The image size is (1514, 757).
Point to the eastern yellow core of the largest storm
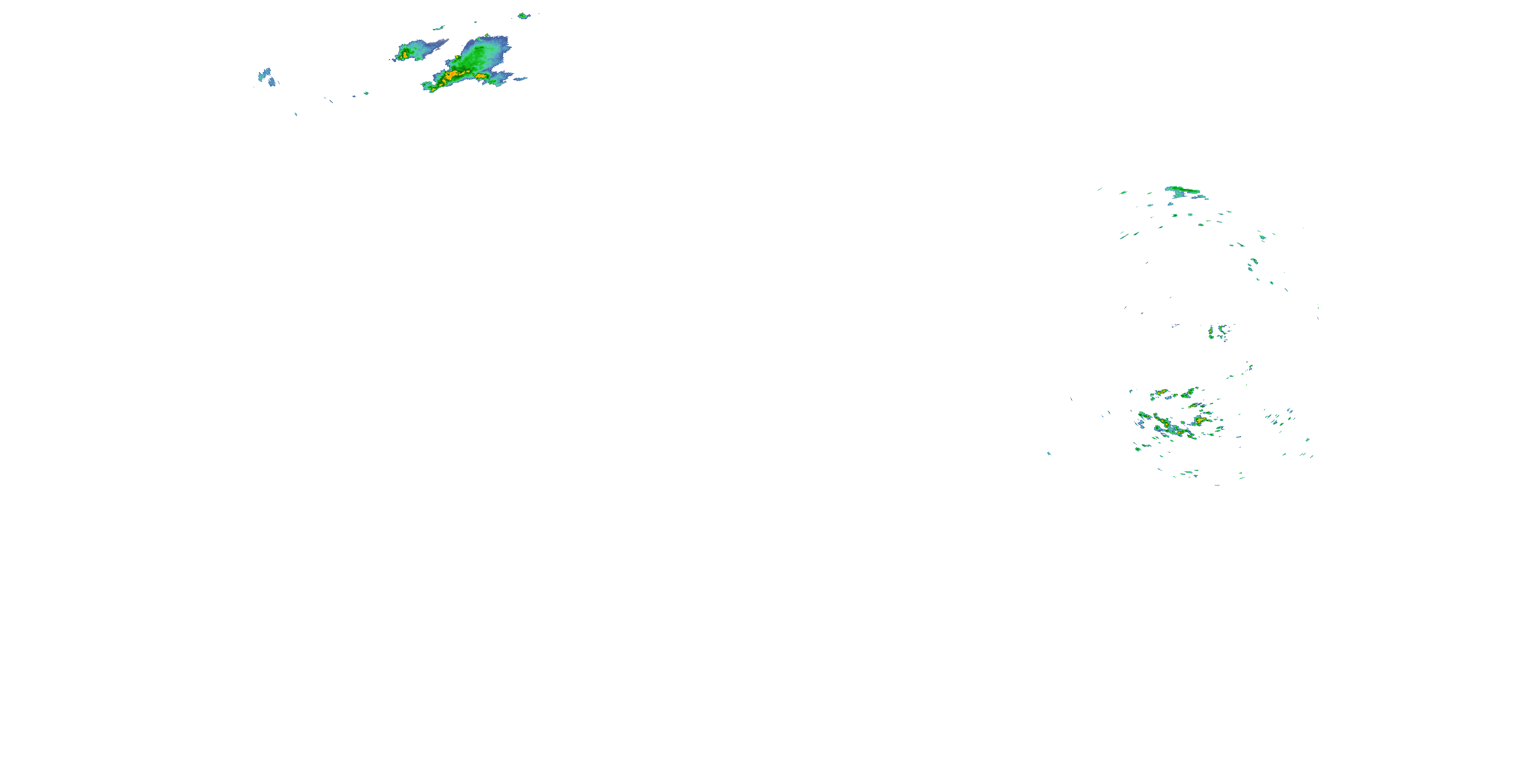click(481, 76)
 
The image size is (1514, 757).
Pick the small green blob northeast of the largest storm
click(522, 16)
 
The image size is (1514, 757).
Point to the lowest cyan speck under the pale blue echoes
click(296, 114)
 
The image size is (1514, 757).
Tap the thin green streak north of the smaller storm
click(439, 28)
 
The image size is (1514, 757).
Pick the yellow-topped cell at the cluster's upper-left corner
click(1160, 393)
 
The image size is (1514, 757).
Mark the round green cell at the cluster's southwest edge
click(1138, 449)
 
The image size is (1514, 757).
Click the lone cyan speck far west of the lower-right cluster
click(1049, 453)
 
